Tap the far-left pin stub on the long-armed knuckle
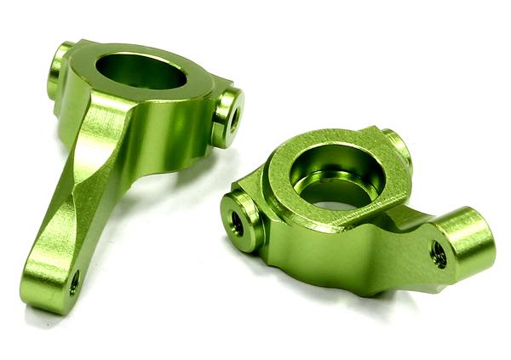click(58, 68)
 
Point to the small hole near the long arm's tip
click(74, 283)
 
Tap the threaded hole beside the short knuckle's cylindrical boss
click(439, 254)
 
